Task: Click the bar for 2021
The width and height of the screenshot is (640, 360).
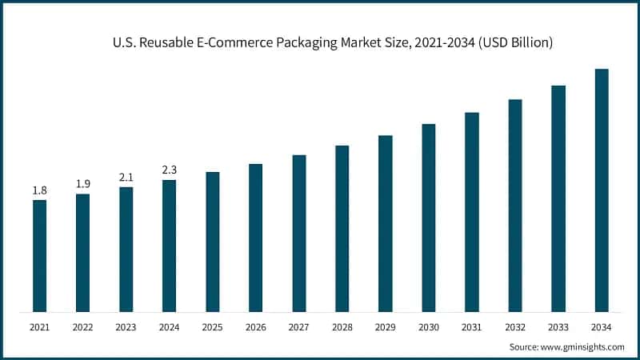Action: coord(39,256)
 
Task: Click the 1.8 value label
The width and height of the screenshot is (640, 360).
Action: coord(39,190)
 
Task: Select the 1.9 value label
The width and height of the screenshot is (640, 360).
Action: coord(82,184)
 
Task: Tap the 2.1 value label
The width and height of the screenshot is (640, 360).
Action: coord(126,178)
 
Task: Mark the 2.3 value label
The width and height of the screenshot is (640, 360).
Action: coord(169,170)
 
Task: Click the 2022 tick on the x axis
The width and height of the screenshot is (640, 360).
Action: coord(82,327)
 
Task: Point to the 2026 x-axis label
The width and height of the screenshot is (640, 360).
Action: coord(255,327)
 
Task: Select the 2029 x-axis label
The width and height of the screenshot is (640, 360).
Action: coord(385,327)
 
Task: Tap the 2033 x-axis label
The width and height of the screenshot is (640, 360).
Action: coord(558,327)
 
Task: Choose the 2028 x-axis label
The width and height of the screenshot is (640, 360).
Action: coord(342,327)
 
